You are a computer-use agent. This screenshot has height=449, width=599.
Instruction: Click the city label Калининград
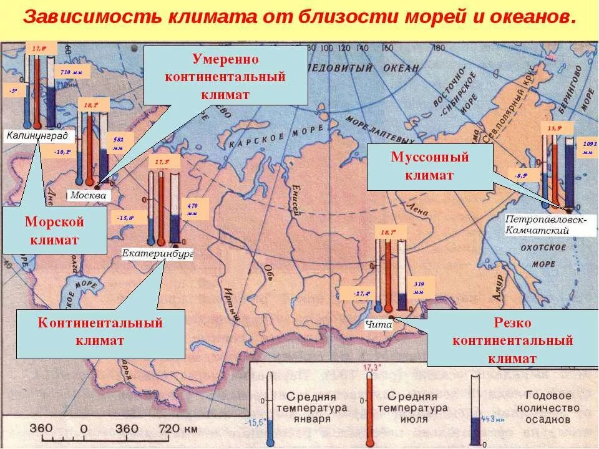click(x=39, y=135)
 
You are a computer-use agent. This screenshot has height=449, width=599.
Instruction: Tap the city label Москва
click(x=88, y=195)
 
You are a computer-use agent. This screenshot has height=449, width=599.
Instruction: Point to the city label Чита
click(x=378, y=324)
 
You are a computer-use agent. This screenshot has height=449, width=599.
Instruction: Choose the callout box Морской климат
click(x=54, y=231)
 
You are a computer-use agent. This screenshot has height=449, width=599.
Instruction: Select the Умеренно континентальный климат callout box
click(x=225, y=76)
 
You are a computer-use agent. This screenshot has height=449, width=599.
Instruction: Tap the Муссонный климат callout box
click(x=429, y=167)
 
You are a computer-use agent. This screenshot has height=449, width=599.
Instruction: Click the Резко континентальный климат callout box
click(x=512, y=340)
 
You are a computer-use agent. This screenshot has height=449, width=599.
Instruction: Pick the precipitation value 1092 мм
click(x=590, y=148)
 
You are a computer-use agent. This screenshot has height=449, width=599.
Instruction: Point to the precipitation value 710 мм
click(x=71, y=73)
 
